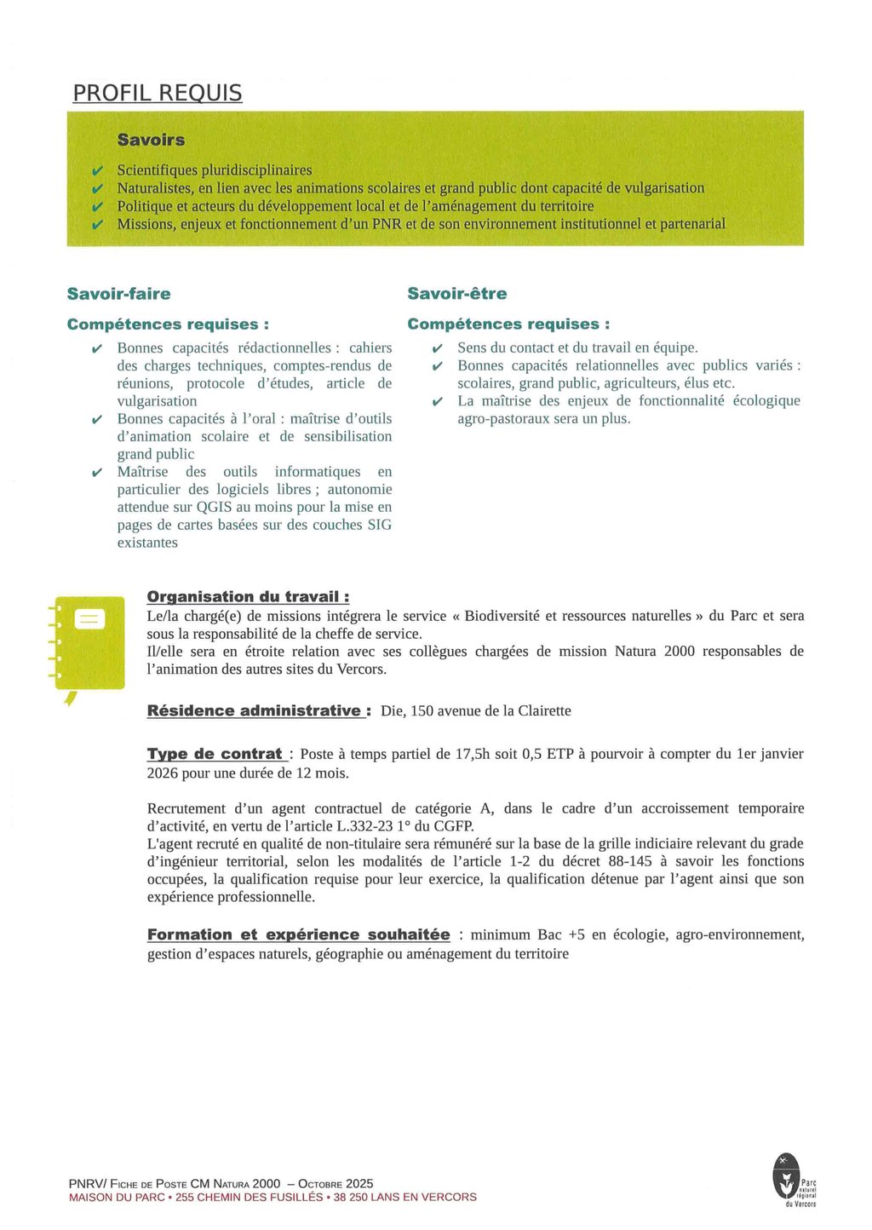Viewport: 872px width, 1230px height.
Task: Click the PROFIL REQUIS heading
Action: [x=158, y=93]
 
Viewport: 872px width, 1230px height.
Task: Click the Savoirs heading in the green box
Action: [x=151, y=140]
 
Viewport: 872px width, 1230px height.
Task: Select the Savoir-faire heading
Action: [x=118, y=294]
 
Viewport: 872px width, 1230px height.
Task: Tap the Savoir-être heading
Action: [x=456, y=294]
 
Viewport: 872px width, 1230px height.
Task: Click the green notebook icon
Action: [x=88, y=644]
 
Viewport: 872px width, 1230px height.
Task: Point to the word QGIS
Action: [x=214, y=507]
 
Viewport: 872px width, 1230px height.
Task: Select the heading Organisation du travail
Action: [x=248, y=597]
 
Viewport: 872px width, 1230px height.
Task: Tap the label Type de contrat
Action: [x=216, y=754]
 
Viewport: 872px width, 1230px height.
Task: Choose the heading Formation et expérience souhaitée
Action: [x=298, y=934]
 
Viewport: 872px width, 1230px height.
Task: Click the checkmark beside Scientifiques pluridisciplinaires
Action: [x=98, y=170]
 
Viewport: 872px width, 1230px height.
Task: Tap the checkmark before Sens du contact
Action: [x=437, y=348]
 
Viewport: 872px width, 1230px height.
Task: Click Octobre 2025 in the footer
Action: [x=336, y=1183]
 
